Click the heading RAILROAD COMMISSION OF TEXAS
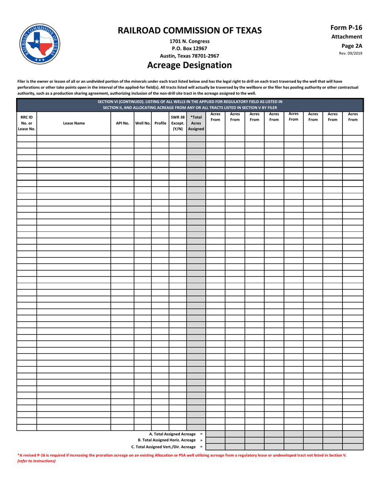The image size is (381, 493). [x=189, y=30]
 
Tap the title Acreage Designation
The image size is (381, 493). [x=189, y=65]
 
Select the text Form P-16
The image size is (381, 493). [x=346, y=28]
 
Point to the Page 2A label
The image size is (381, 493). [x=351, y=46]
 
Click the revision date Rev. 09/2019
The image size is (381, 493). [x=351, y=53]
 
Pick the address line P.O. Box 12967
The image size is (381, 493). [x=189, y=49]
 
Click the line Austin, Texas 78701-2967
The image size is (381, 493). [x=189, y=56]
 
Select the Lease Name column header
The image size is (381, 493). [x=74, y=124]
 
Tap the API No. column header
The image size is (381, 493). [x=122, y=124]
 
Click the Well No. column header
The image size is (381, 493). [x=142, y=124]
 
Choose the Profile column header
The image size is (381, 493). [x=160, y=124]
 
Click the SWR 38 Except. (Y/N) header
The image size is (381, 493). [x=178, y=123]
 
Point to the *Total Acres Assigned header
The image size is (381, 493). [x=196, y=123]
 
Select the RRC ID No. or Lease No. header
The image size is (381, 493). [x=26, y=123]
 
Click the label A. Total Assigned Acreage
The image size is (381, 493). [x=173, y=434]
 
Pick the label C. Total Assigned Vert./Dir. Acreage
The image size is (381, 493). [x=164, y=447]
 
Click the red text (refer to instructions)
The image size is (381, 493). [x=36, y=461]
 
